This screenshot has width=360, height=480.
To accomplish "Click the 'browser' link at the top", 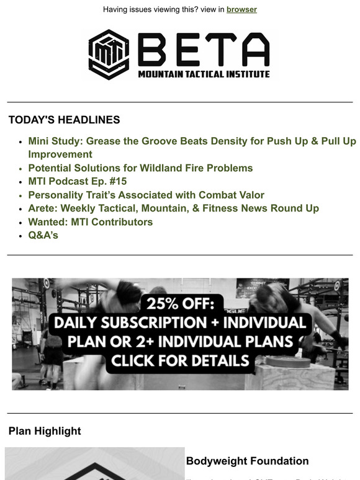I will [x=241, y=9].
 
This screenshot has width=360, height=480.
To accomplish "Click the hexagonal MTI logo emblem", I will [x=109, y=55].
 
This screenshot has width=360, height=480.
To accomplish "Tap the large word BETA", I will [x=203, y=49].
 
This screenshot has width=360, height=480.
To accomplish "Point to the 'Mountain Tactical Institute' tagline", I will [x=204, y=74].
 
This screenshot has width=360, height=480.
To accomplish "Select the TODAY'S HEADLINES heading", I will [x=65, y=120].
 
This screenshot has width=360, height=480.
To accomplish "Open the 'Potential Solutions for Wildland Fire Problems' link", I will [x=140, y=168].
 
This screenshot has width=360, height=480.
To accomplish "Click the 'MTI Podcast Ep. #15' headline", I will [x=78, y=181].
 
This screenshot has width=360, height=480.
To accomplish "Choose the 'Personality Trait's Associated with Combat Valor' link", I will [x=146, y=195].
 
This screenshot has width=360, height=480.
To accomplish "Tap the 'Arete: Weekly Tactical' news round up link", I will [x=173, y=208].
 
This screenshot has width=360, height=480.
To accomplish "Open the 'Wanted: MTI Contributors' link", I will [x=90, y=222].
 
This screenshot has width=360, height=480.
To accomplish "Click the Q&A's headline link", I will [x=43, y=235].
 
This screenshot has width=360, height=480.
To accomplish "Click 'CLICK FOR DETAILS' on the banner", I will [x=180, y=360].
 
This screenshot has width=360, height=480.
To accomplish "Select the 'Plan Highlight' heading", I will [x=45, y=430].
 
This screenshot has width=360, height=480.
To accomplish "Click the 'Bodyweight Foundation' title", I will [x=247, y=461].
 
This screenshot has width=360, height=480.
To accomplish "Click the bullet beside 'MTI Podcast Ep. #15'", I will [x=22, y=182].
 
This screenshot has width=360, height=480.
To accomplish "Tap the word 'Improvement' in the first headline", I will [x=60, y=154].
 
